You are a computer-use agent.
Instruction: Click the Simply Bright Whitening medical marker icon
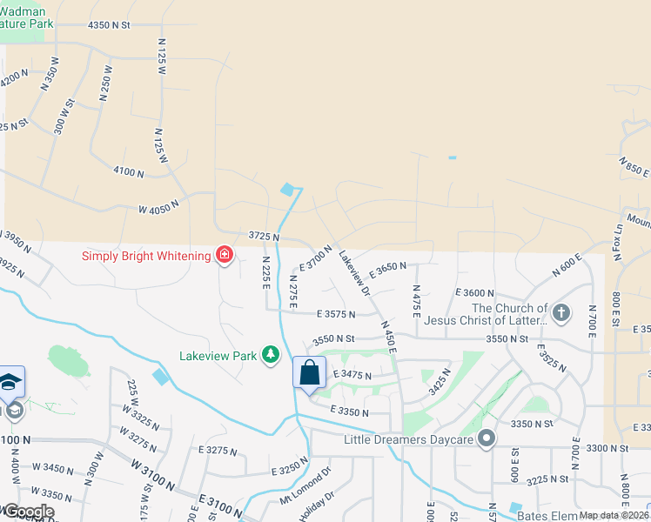pyautogui.click(x=225, y=255)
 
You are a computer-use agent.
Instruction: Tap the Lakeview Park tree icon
pyautogui.click(x=272, y=355)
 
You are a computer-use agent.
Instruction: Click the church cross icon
pyautogui.click(x=561, y=313)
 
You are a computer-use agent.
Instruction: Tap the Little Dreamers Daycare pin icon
pyautogui.click(x=487, y=439)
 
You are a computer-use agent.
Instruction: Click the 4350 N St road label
pyautogui.click(x=108, y=25)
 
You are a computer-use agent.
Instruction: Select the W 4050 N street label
pyautogui.click(x=158, y=206)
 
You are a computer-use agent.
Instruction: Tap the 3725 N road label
pyautogui.click(x=263, y=237)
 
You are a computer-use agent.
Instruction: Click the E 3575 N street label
pyautogui.click(x=338, y=313)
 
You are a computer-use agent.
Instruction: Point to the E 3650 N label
pyautogui.click(x=387, y=266)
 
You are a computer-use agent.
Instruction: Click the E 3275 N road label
pyautogui.click(x=218, y=451)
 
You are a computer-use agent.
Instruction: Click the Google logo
pyautogui.click(x=28, y=511)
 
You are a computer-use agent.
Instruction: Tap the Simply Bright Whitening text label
pyautogui.click(x=146, y=256)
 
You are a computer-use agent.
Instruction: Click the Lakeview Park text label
pyautogui.click(x=218, y=356)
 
